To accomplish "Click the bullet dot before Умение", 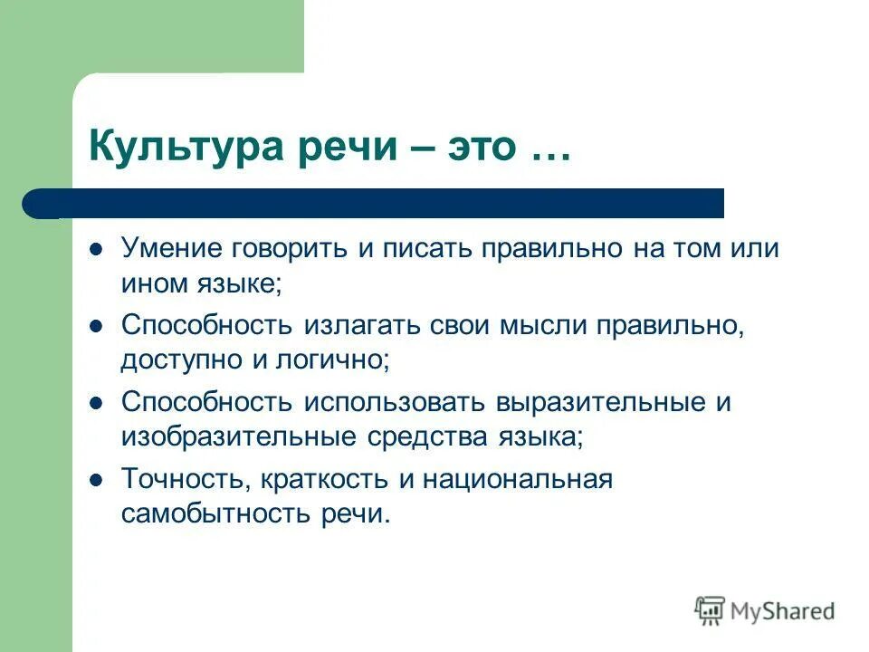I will pyautogui.click(x=96, y=249).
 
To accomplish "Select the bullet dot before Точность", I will pyautogui.click(x=96, y=480).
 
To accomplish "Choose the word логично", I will pyautogui.click(x=339, y=360).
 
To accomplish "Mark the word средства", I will pyautogui.click(x=420, y=436).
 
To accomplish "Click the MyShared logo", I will pyautogui.click(x=765, y=610).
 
